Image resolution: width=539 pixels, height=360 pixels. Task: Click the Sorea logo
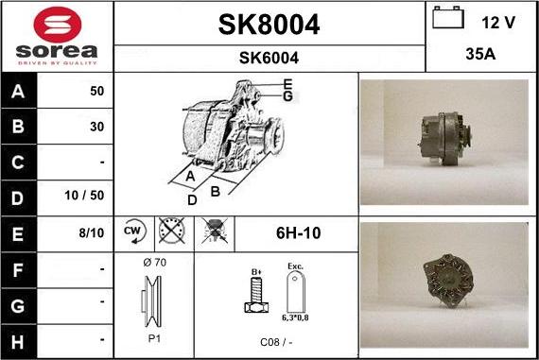tap(56, 37)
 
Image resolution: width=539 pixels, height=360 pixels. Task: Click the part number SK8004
tap(269, 26)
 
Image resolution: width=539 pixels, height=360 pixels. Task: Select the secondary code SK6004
tap(269, 58)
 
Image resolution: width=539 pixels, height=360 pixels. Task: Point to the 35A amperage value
tap(482, 56)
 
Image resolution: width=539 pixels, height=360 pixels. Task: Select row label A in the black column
tap(19, 93)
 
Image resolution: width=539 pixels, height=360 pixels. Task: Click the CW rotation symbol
tap(132, 231)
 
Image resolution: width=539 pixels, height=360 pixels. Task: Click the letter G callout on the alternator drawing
tap(287, 95)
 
